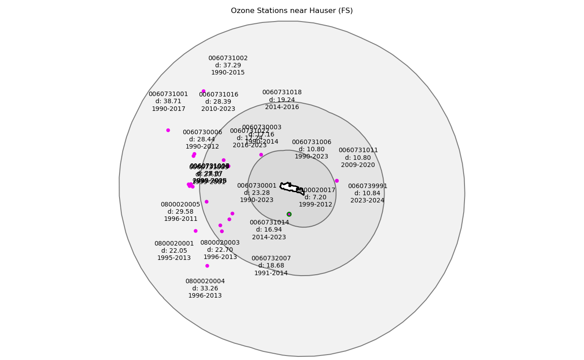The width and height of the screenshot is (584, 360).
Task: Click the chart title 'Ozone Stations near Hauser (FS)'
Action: [x=292, y=11]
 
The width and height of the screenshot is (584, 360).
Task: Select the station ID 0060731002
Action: [x=228, y=58]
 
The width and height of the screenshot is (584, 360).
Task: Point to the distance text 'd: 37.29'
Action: [x=228, y=66]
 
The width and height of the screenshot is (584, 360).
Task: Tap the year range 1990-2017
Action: [x=168, y=109]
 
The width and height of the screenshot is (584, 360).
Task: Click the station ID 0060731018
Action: [x=282, y=92]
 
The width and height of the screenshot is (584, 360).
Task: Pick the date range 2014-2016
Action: [x=282, y=107]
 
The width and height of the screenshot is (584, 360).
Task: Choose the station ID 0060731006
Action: [x=311, y=142]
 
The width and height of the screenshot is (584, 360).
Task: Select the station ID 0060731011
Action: [x=358, y=150]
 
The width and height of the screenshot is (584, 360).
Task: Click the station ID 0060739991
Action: [x=367, y=186]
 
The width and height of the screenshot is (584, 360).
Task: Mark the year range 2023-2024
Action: [x=367, y=201]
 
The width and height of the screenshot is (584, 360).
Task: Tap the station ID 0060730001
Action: [x=257, y=186]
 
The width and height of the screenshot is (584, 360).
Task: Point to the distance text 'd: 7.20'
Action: [x=315, y=198]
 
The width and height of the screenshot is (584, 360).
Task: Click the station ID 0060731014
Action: [x=269, y=223]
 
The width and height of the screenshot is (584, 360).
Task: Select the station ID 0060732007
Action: [x=271, y=259]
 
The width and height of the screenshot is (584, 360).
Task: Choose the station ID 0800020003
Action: [x=220, y=243]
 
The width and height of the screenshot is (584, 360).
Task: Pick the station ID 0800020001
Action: [x=174, y=244]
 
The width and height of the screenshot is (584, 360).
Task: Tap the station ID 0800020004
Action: [x=205, y=281]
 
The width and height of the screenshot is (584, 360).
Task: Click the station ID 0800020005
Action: [x=180, y=205]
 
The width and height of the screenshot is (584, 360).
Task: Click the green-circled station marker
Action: [x=289, y=214]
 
